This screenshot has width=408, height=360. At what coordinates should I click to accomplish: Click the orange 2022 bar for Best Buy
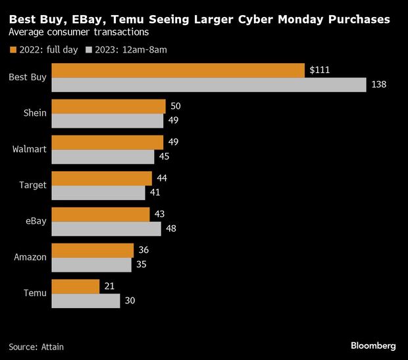coord(178,70)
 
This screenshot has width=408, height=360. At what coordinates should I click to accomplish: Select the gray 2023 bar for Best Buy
coord(208,85)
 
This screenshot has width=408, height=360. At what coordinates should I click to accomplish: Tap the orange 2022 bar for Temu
coord(75,286)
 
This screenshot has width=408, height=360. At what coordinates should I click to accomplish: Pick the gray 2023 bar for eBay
coord(106,228)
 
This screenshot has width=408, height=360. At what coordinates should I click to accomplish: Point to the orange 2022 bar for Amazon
coord(92,250)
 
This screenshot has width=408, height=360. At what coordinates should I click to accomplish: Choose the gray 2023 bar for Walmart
coord(103,157)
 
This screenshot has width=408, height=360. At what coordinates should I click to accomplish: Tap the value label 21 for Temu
coord(110,286)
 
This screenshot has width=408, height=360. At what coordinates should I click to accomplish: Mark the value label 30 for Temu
coord(130,301)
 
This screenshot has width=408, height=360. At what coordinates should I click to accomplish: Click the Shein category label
coord(35,113)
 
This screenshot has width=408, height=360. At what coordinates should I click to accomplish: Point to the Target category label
coord(33,185)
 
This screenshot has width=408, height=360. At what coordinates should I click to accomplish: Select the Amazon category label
coord(30,257)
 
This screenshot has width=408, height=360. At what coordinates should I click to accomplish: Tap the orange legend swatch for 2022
coord(13,49)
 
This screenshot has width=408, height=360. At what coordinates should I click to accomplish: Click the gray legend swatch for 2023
coord(89,49)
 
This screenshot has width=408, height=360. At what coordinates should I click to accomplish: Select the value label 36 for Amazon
coord(143,250)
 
